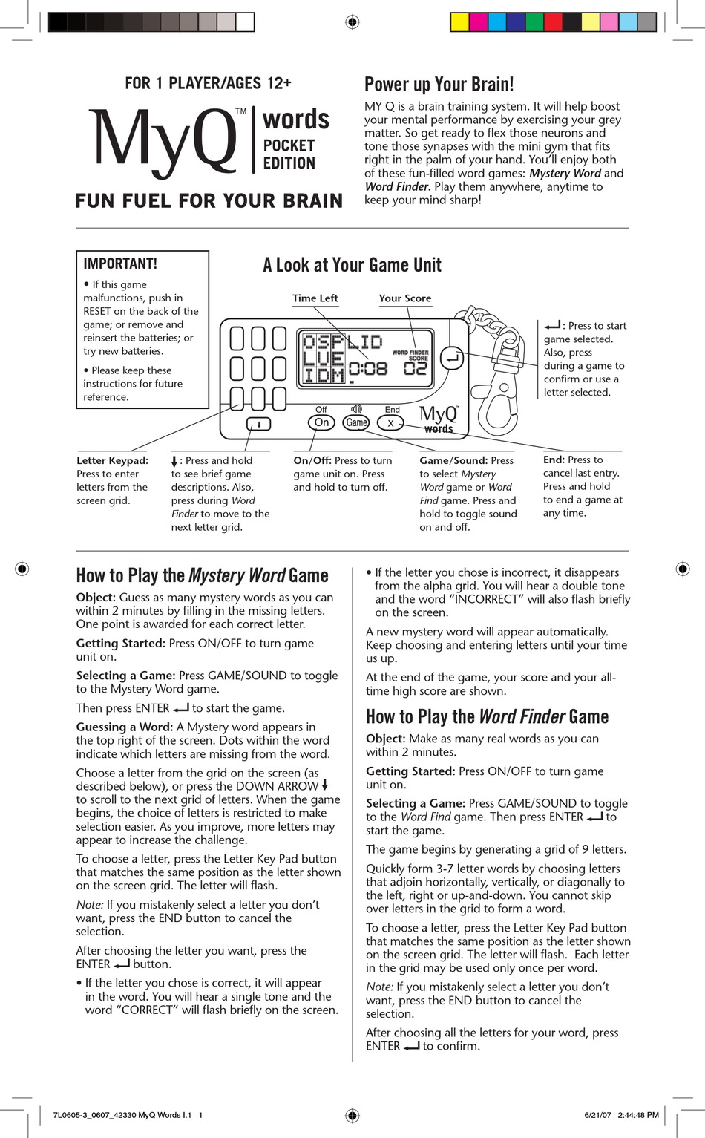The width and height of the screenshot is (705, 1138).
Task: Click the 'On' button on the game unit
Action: (x=321, y=422)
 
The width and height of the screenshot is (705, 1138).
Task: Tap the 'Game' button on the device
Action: (x=356, y=422)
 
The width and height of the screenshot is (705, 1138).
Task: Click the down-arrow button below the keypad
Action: (x=259, y=424)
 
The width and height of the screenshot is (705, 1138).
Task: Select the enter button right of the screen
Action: (x=452, y=359)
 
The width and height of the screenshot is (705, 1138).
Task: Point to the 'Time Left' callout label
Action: (x=315, y=298)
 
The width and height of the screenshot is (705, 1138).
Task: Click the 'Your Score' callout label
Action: (x=404, y=298)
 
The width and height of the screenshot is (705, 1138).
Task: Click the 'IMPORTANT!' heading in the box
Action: (x=120, y=264)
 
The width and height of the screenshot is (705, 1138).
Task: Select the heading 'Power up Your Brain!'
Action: (x=439, y=84)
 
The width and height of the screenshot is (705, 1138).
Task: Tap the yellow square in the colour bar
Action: (x=459, y=22)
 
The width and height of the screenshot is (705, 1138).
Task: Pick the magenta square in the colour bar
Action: (x=479, y=22)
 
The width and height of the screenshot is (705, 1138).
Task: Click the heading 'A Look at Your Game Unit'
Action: (x=352, y=265)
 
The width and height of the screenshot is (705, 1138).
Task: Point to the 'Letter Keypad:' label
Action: (x=112, y=460)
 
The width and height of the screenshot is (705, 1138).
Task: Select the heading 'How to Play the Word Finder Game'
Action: (x=487, y=716)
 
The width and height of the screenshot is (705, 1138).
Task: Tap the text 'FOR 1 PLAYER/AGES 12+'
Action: (x=208, y=83)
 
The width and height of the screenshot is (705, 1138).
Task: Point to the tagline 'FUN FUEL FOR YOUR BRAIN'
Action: (x=209, y=201)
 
